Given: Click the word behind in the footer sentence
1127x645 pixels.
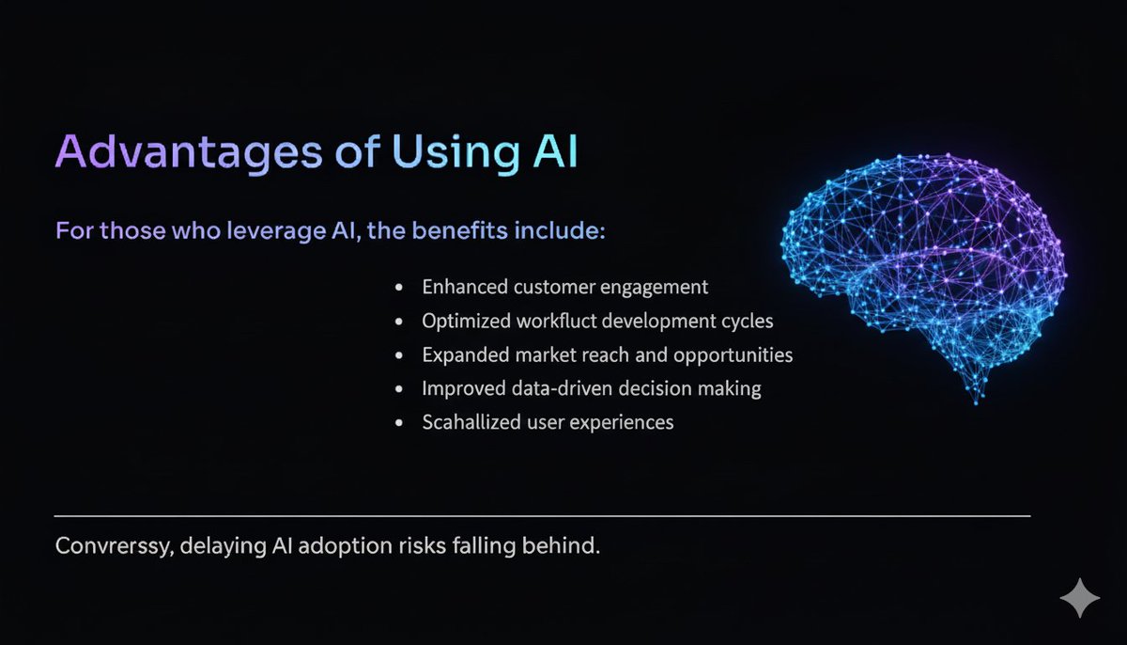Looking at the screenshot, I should pyautogui.click(x=567, y=545).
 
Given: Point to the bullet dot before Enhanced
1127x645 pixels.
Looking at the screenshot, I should pyautogui.click(x=400, y=288).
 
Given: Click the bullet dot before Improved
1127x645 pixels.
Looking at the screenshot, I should pyautogui.click(x=400, y=389).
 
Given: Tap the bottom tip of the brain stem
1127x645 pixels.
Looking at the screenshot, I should pyautogui.click(x=976, y=402).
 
